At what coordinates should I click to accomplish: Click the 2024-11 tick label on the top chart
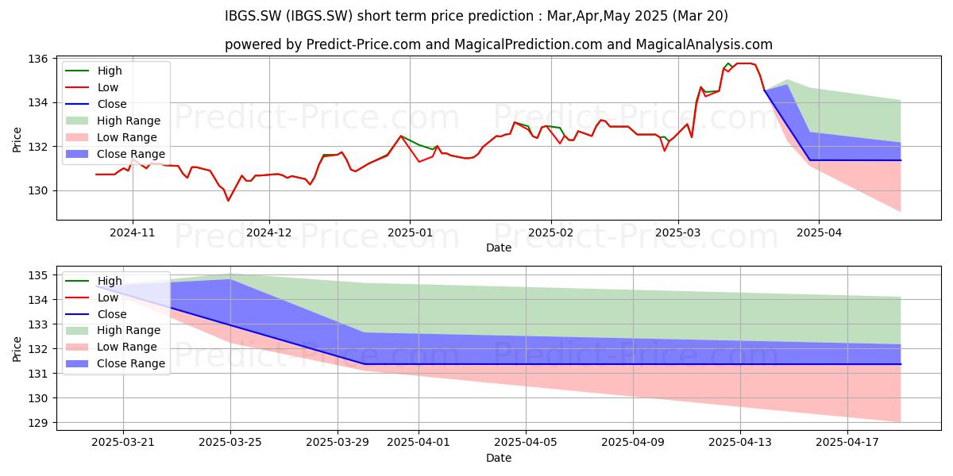[x=133, y=233]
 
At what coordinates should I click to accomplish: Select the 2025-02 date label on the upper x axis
[x=551, y=233]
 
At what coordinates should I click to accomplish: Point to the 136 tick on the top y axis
[x=37, y=59]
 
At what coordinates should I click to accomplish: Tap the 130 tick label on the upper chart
[x=37, y=191]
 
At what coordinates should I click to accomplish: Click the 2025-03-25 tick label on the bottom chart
[x=230, y=443]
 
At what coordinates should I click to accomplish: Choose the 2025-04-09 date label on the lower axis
[x=633, y=443]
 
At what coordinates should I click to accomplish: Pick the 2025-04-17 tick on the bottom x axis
[x=847, y=443]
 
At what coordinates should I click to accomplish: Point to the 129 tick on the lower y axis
[x=37, y=423]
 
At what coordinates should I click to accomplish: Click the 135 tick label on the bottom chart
[x=37, y=275]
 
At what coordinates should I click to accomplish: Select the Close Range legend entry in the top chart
[x=115, y=154]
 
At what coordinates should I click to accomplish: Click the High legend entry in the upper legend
[x=94, y=71]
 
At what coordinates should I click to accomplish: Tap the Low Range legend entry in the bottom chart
[x=111, y=347]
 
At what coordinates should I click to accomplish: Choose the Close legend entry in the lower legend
[x=96, y=314]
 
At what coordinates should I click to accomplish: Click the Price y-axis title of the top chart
[x=17, y=140]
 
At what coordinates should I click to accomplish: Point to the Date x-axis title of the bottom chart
[x=499, y=458]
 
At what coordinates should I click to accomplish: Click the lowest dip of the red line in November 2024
[x=228, y=201]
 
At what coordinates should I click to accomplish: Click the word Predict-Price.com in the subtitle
[x=364, y=44]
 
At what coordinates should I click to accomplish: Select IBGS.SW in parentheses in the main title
[x=319, y=16]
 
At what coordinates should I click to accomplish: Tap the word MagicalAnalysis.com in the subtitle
[x=704, y=44]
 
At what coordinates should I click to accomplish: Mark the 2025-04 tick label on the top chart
[x=819, y=233]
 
